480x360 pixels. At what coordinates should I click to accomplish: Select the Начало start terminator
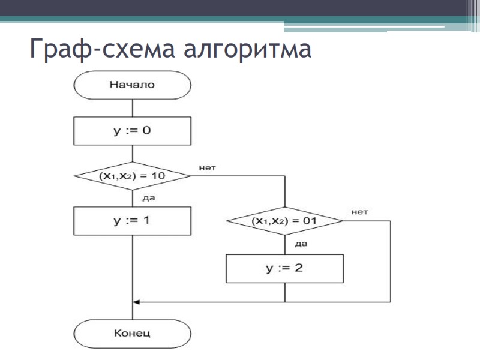coord(132,85)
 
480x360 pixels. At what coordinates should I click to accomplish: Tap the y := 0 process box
coord(132,131)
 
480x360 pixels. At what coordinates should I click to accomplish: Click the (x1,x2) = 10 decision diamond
coord(132,176)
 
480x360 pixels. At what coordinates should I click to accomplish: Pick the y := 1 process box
coord(132,221)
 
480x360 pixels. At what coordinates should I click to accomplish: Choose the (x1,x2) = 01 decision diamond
coord(284,221)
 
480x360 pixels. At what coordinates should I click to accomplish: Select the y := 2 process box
coord(284,268)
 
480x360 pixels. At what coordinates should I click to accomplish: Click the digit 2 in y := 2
coord(298,268)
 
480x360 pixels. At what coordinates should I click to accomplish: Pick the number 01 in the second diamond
coord(310,221)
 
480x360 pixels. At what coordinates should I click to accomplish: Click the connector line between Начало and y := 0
coord(132,108)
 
